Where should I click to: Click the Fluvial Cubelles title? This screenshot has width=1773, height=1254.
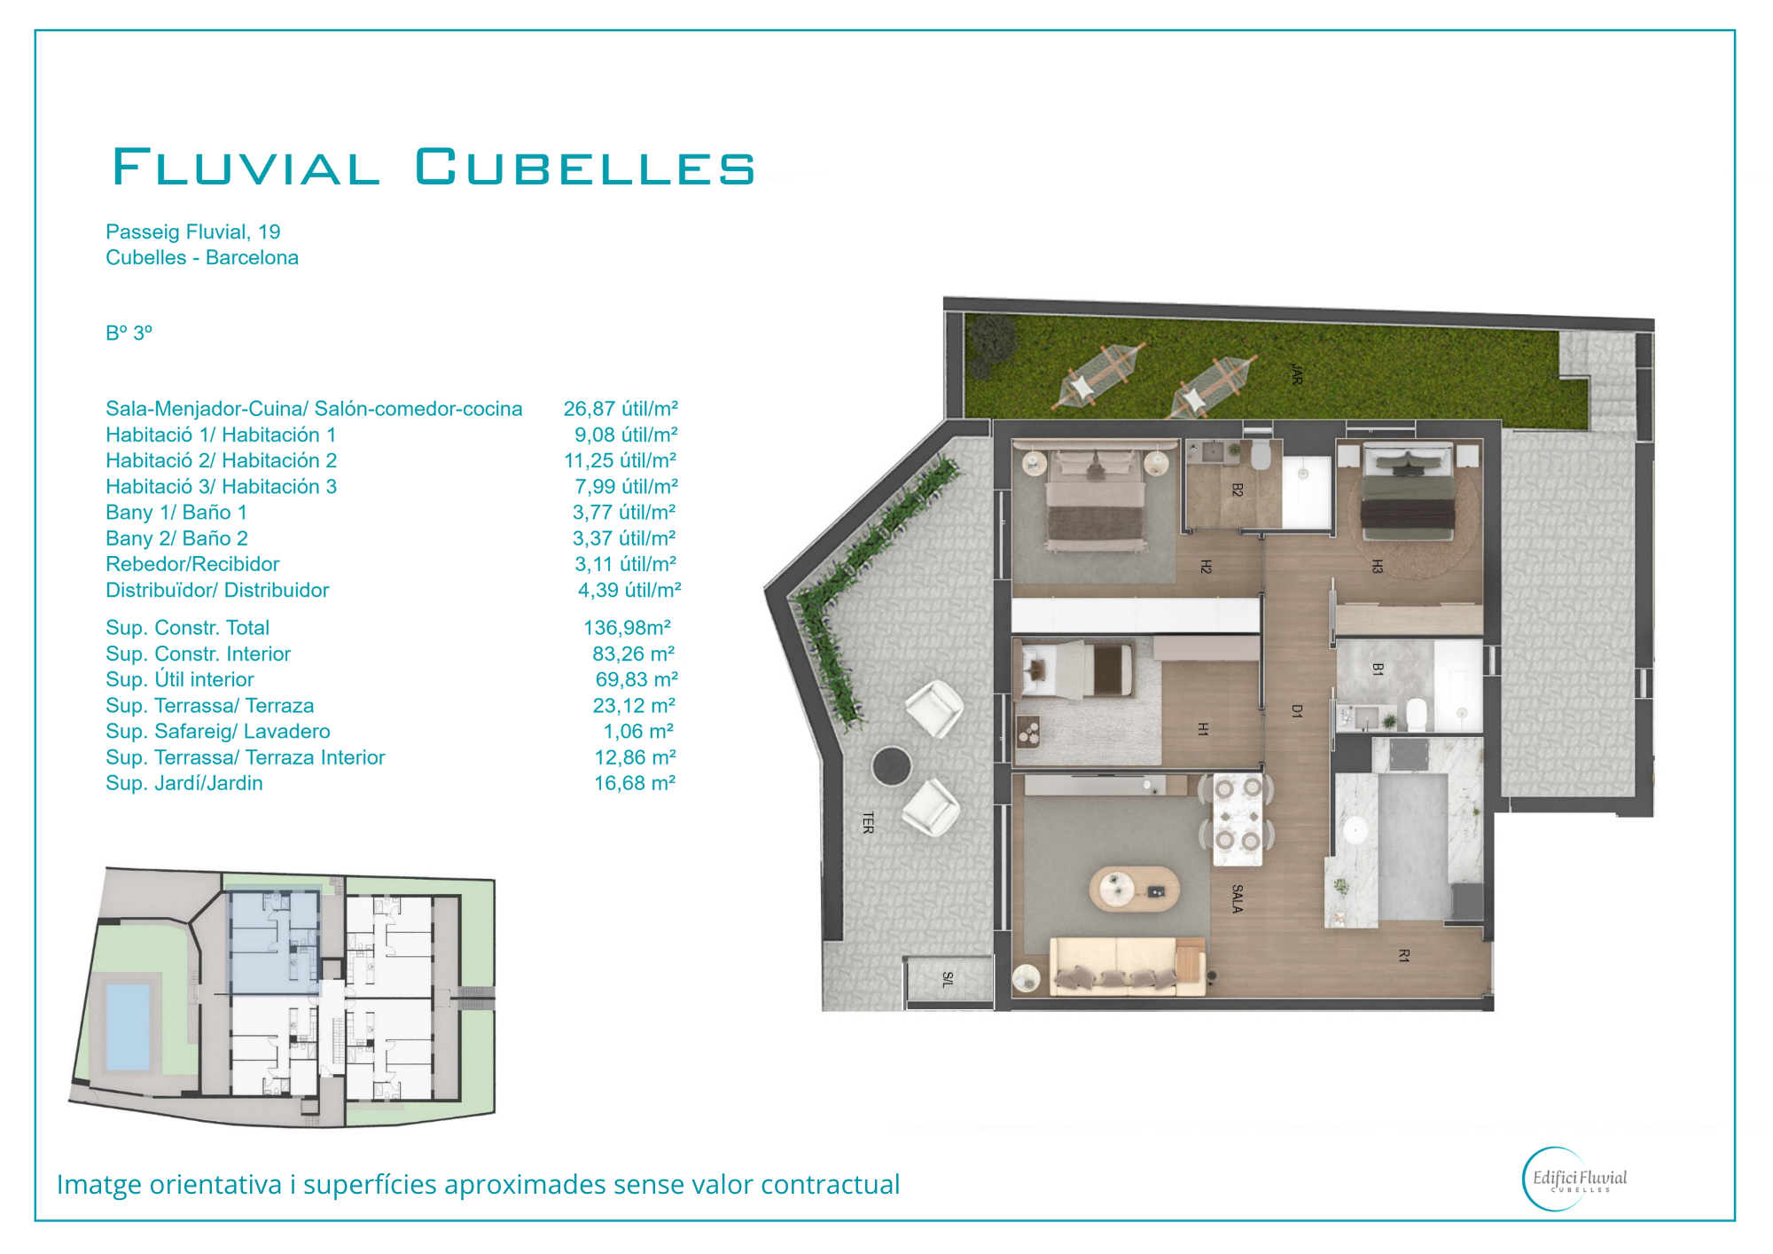point(433,167)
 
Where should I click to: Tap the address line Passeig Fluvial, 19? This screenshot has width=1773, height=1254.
point(193,231)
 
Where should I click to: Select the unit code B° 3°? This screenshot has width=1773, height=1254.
point(129,333)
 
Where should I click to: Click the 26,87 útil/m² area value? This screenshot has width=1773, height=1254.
point(621,409)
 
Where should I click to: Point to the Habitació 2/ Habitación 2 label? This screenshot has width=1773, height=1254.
point(222,460)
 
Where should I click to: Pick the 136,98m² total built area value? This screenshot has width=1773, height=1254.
point(627,628)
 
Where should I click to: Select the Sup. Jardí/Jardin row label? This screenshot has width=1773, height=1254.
point(184,783)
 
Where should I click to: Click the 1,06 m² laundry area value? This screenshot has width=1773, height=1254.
point(638,732)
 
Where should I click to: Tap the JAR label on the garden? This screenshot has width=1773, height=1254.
point(1297,374)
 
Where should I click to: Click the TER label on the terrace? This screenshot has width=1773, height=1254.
point(868,823)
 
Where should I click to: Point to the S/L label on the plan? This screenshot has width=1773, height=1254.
point(948,979)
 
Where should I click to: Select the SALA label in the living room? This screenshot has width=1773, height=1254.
point(1237,898)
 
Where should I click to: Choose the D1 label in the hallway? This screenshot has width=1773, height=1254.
point(1297,711)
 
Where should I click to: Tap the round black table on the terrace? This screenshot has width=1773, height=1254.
point(891,765)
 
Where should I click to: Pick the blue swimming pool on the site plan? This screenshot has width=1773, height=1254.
point(129,1027)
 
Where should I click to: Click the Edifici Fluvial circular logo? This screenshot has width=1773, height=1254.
point(1576,1180)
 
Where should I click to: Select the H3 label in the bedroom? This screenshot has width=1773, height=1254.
point(1377,567)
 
